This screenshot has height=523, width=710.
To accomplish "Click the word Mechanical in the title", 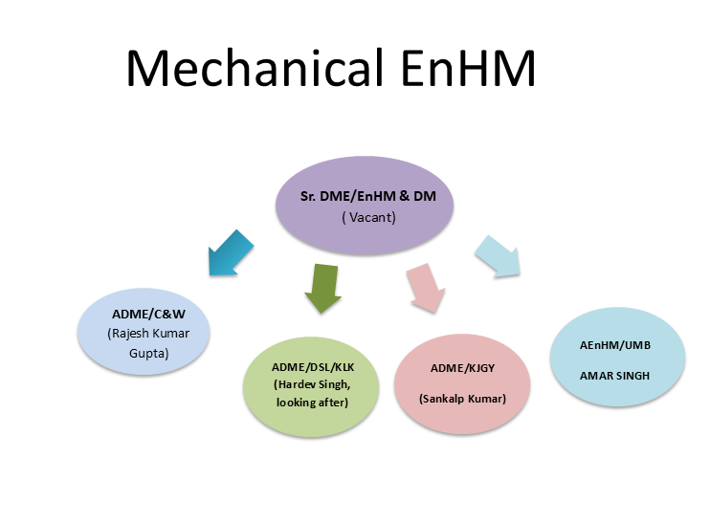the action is [x=255, y=68].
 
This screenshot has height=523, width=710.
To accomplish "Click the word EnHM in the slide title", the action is [x=468, y=68].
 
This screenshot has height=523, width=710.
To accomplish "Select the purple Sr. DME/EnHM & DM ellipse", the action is [x=365, y=205].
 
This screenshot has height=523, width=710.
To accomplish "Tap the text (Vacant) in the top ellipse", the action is [x=368, y=218].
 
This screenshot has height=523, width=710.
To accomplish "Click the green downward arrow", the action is [x=322, y=289].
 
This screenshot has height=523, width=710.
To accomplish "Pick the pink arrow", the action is [x=427, y=288].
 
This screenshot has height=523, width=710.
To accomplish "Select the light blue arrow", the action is [x=499, y=257].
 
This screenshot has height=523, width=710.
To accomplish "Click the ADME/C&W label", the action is [x=148, y=314].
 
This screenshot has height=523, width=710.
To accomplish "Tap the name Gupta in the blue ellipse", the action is [x=149, y=354].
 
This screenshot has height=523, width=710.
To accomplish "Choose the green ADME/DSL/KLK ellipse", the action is [x=311, y=387].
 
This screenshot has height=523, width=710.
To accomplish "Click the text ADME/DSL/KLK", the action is [x=313, y=367].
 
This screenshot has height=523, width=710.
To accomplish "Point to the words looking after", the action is [x=312, y=403].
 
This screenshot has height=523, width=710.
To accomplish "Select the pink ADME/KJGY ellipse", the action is [x=462, y=384].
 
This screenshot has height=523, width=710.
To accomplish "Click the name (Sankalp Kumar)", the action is [x=462, y=399].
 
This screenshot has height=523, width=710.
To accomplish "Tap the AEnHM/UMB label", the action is [x=615, y=345].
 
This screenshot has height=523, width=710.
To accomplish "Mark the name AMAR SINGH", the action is [x=614, y=376].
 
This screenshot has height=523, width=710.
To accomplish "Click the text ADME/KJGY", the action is [x=462, y=368].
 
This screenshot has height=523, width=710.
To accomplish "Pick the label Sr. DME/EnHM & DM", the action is [x=368, y=196].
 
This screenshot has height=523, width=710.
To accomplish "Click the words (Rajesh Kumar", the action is [x=148, y=334].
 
